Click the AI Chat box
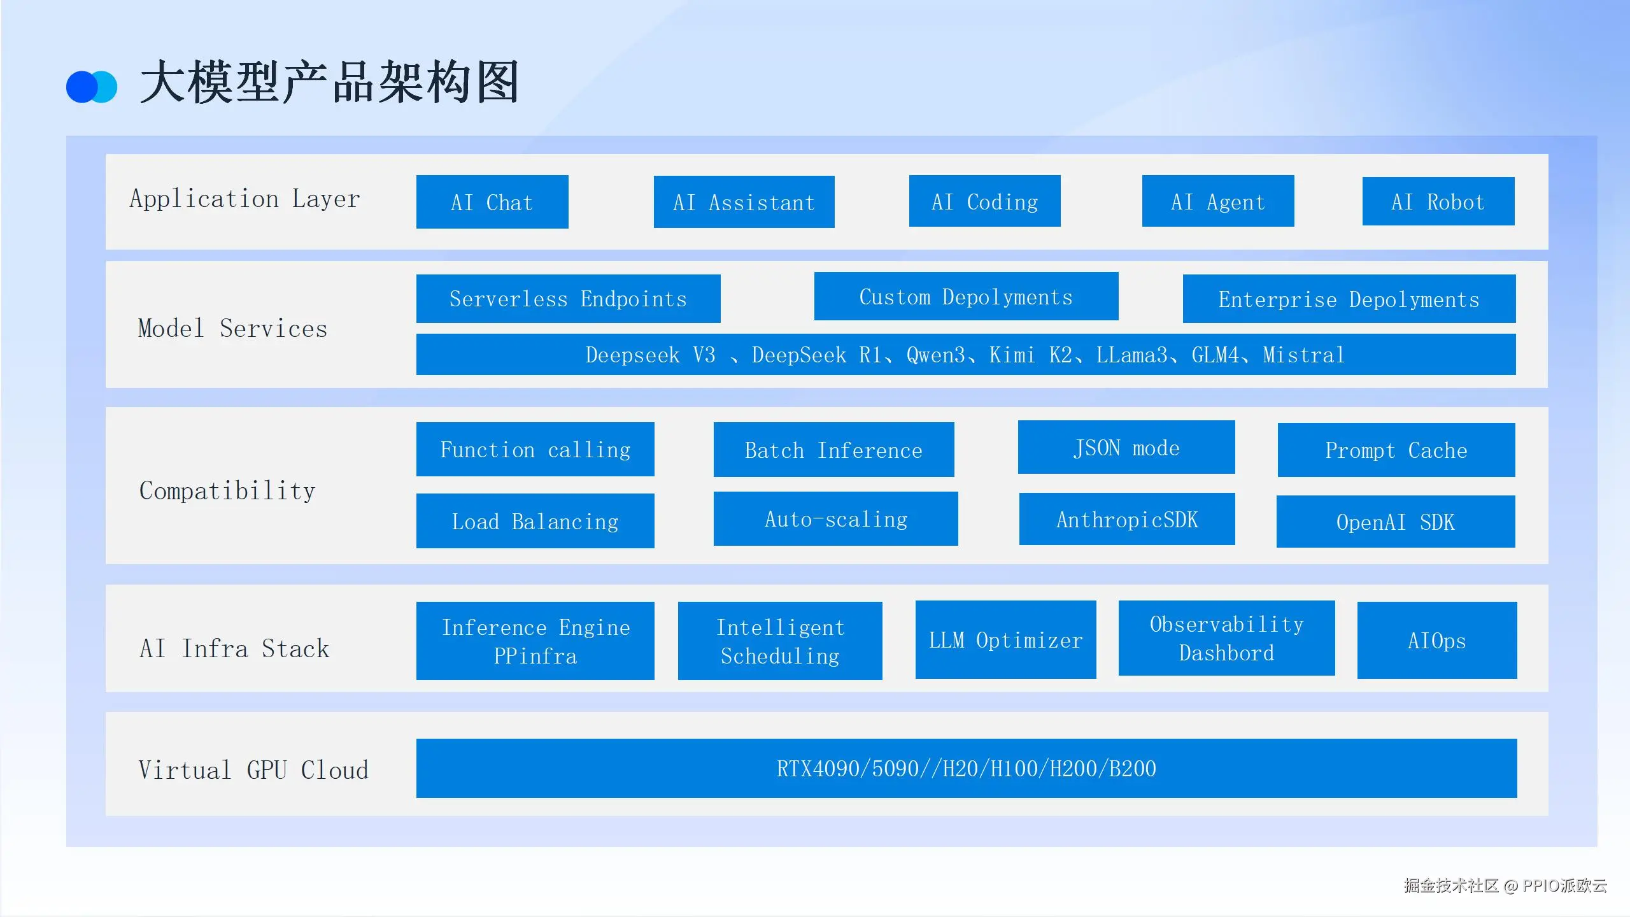pyautogui.click(x=492, y=202)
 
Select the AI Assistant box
pyautogui.click(x=744, y=202)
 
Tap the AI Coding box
pyautogui.click(x=984, y=201)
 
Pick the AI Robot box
pyautogui.click(x=1438, y=201)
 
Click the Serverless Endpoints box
pyautogui.click(x=568, y=299)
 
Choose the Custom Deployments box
pyautogui.click(x=966, y=297)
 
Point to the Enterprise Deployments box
pyautogui.click(x=1349, y=299)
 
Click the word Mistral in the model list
pyautogui.click(x=1303, y=355)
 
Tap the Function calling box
pyautogui.click(x=535, y=450)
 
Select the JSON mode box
pyautogui.click(x=1126, y=448)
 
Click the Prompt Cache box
pyautogui.click(x=1396, y=450)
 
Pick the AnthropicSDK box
pyautogui.click(x=1126, y=520)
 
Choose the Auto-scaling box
pyautogui.click(x=835, y=519)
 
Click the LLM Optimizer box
pyautogui.click(x=1005, y=640)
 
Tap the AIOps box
pyautogui.click(x=1436, y=641)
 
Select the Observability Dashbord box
pyautogui.click(x=1226, y=638)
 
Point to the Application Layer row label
pyautogui.click(x=245, y=199)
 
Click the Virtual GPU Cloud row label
pyautogui.click(x=253, y=770)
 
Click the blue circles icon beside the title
pyautogui.click(x=92, y=87)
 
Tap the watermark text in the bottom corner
pyautogui.click(x=1505, y=886)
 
